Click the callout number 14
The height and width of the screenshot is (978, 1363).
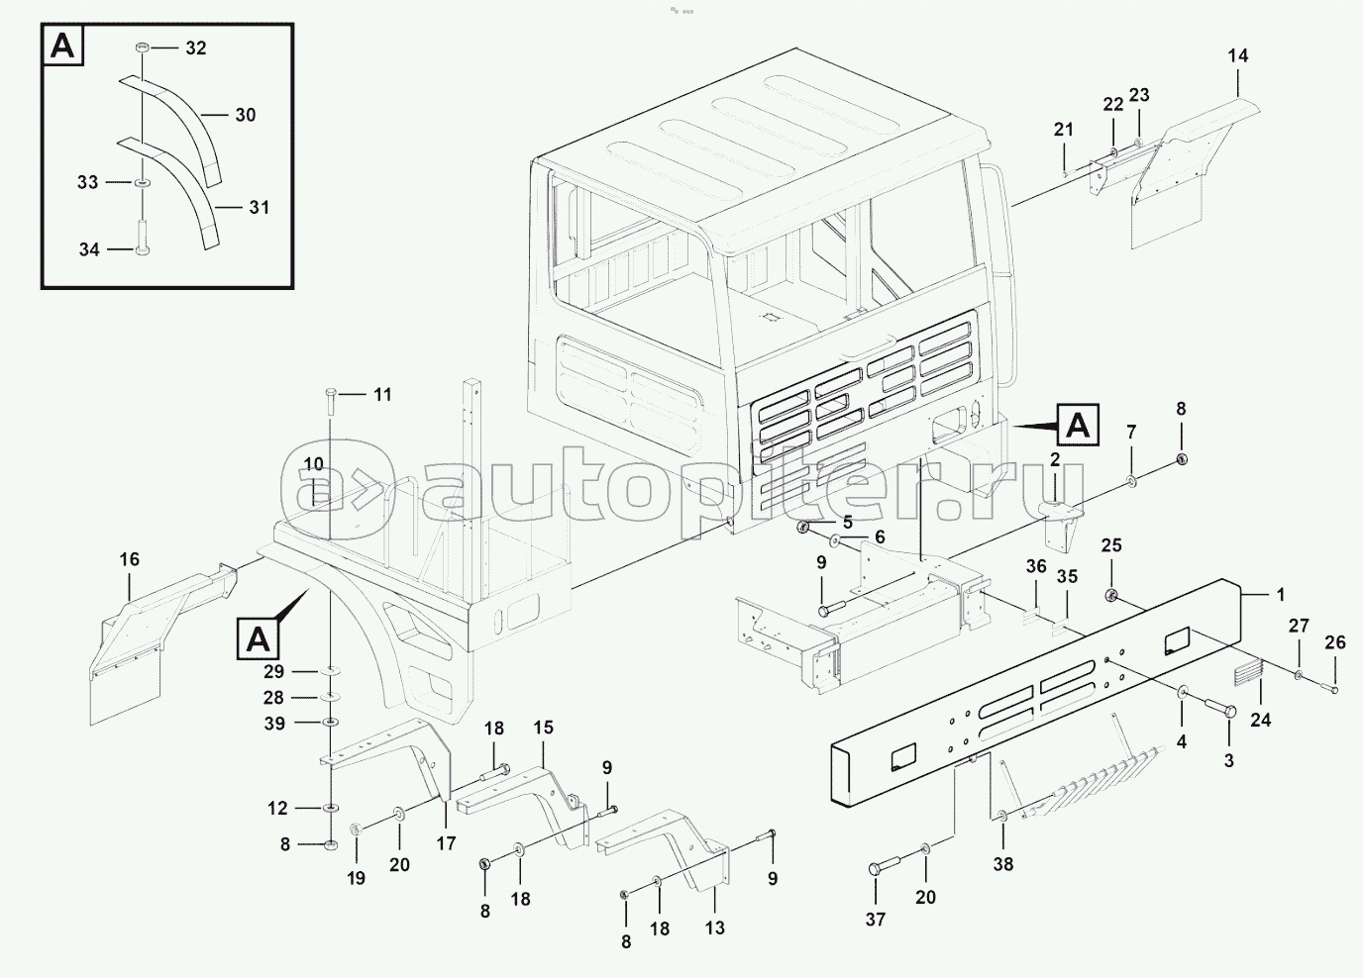coord(1238,55)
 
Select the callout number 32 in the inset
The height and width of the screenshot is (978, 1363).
coord(195,48)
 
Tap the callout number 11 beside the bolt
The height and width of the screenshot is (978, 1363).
coord(381,394)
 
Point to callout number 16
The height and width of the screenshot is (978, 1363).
coord(130,559)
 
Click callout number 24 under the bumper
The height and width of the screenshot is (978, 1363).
coord(1259,720)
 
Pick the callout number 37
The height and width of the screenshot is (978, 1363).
coord(876,920)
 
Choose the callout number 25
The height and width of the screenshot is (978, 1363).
coord(1111,545)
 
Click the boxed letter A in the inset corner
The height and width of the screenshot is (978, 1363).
coord(62,47)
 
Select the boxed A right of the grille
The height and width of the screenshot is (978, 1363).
coord(1077,425)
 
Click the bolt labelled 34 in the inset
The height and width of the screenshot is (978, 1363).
coord(142,248)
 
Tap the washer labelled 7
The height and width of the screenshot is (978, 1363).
coord(1130,482)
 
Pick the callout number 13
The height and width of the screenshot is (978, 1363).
coord(714,928)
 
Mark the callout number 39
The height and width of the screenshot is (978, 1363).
coord(274,724)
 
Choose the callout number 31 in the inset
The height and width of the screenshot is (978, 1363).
coord(259,208)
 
